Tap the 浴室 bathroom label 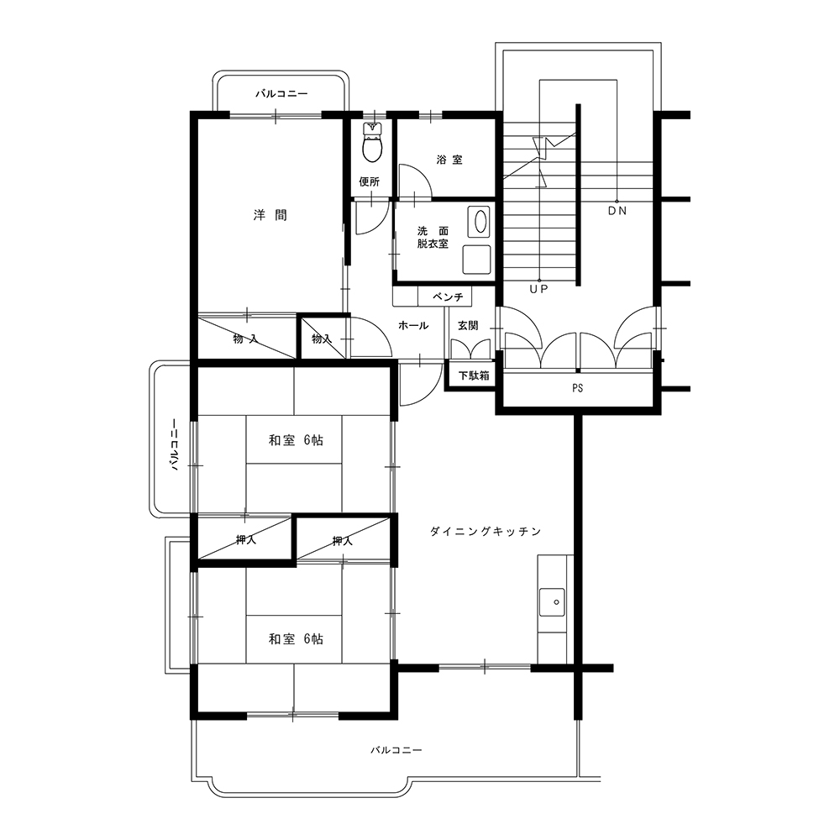pyautogui.click(x=449, y=160)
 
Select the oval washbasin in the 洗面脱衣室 pyautogui.click(x=480, y=221)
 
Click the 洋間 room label pyautogui.click(x=270, y=215)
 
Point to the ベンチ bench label pyautogui.click(x=448, y=297)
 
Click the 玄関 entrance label pyautogui.click(x=468, y=325)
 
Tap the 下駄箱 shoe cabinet pyautogui.click(x=474, y=375)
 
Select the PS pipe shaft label pyautogui.click(x=578, y=388)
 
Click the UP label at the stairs pyautogui.click(x=539, y=289)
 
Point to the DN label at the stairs pyautogui.click(x=617, y=211)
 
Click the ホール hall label pyautogui.click(x=413, y=325)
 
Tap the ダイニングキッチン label pyautogui.click(x=486, y=532)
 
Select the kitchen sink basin pyautogui.click(x=553, y=602)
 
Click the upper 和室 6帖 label pyautogui.click(x=296, y=440)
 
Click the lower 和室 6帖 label pyautogui.click(x=296, y=639)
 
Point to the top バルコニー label pyautogui.click(x=281, y=94)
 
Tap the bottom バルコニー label pyautogui.click(x=396, y=750)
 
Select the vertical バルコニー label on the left pyautogui.click(x=174, y=444)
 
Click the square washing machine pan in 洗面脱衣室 pyautogui.click(x=476, y=260)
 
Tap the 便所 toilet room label pyautogui.click(x=369, y=182)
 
